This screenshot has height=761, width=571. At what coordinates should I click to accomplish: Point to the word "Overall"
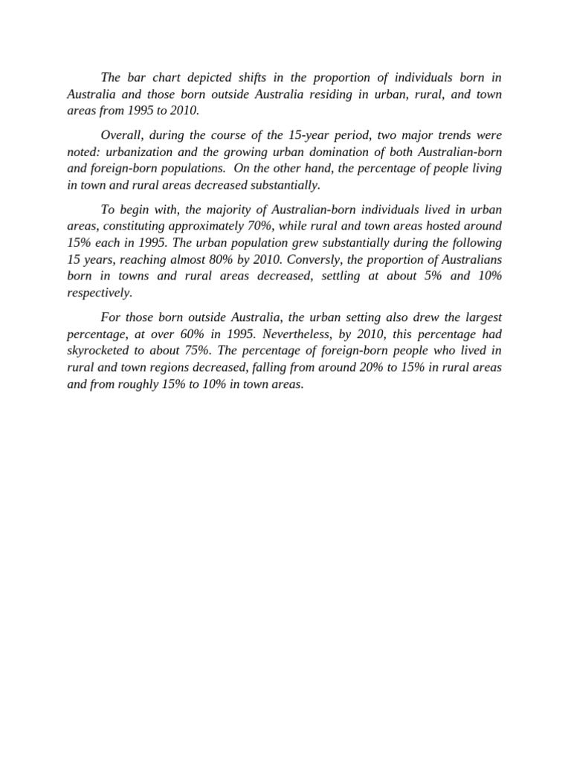tap(122, 135)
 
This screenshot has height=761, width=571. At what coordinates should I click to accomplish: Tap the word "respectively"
tap(99, 291)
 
